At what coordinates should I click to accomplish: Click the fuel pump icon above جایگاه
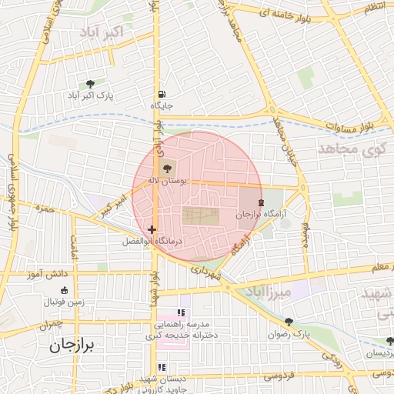160,95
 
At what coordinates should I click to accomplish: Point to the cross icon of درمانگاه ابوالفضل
152,229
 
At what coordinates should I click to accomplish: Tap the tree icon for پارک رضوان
289,322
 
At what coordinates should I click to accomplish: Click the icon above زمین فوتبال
64,291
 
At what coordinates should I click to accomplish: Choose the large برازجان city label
72,347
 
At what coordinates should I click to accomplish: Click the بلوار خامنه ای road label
287,14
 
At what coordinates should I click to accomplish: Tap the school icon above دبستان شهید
162,368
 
